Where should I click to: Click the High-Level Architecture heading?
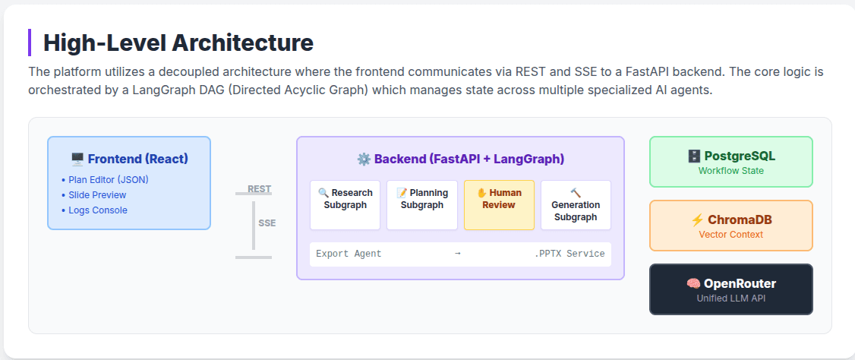coord(178,43)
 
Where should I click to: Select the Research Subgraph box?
coord(345,204)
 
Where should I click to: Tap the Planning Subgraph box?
coord(422,204)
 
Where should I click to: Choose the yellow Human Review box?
coord(499,204)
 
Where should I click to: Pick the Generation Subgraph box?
coord(576,204)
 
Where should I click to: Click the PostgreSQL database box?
coord(730,162)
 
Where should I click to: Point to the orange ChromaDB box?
coord(730,226)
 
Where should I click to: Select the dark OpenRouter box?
coord(730,289)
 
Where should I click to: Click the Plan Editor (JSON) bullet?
coord(108,180)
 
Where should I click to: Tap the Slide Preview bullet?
coord(97,195)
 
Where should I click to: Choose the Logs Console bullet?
coord(97,210)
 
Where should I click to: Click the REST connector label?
coord(259,188)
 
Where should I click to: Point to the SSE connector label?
coord(267,223)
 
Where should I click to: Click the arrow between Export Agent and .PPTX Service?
coord(457,254)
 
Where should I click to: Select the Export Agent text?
coord(349,254)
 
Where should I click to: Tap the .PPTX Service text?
coord(569,254)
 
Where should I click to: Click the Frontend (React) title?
coord(129,159)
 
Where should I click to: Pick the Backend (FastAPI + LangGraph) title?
coord(460,159)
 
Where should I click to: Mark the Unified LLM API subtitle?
coord(730,298)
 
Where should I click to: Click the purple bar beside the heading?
coord(30,43)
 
